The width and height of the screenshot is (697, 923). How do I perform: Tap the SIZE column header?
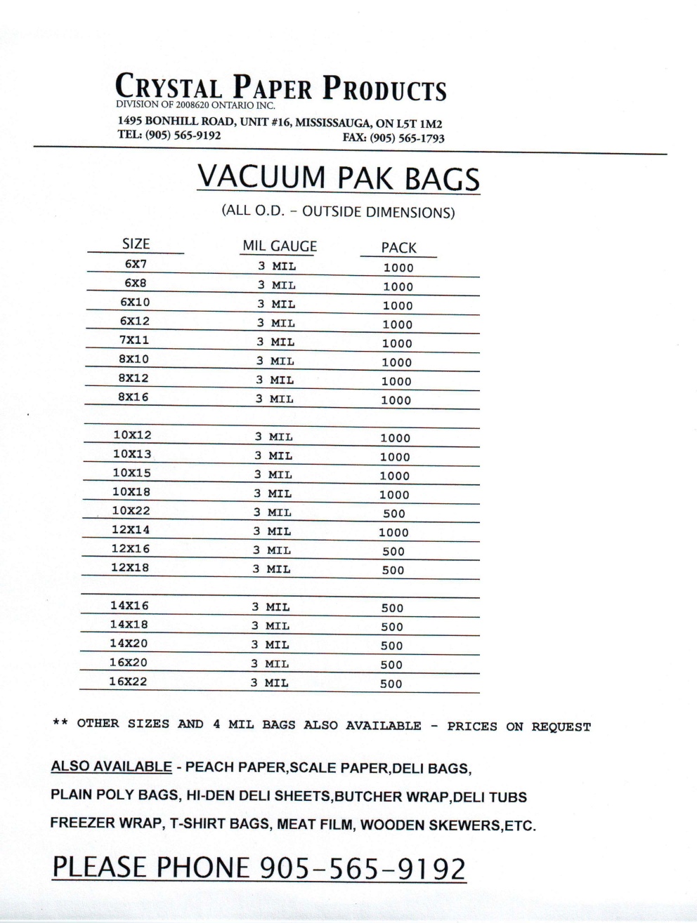[x=136, y=244]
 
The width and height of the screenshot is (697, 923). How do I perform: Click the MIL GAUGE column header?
[x=279, y=246]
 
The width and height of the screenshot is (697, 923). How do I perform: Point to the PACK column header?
[x=398, y=248]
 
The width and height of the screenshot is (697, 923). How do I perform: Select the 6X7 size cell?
[x=136, y=265]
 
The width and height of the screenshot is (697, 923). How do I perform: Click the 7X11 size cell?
[x=134, y=340]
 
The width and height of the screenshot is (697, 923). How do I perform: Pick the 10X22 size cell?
[x=131, y=511]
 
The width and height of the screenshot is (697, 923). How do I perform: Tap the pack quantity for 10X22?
[x=394, y=514]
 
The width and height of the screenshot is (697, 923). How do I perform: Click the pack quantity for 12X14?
[x=393, y=533]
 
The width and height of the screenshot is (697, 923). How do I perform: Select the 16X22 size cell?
[x=128, y=682]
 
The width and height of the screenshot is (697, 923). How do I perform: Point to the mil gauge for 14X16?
[x=271, y=607]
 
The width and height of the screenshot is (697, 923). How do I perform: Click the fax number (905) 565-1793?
[x=407, y=138]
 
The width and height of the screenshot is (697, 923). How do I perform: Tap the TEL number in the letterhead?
[x=183, y=135]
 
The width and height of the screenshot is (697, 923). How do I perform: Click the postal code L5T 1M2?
[x=419, y=124]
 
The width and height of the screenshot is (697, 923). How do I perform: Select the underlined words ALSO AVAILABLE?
[x=111, y=766]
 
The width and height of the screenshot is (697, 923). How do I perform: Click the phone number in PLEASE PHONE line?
[x=363, y=868]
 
